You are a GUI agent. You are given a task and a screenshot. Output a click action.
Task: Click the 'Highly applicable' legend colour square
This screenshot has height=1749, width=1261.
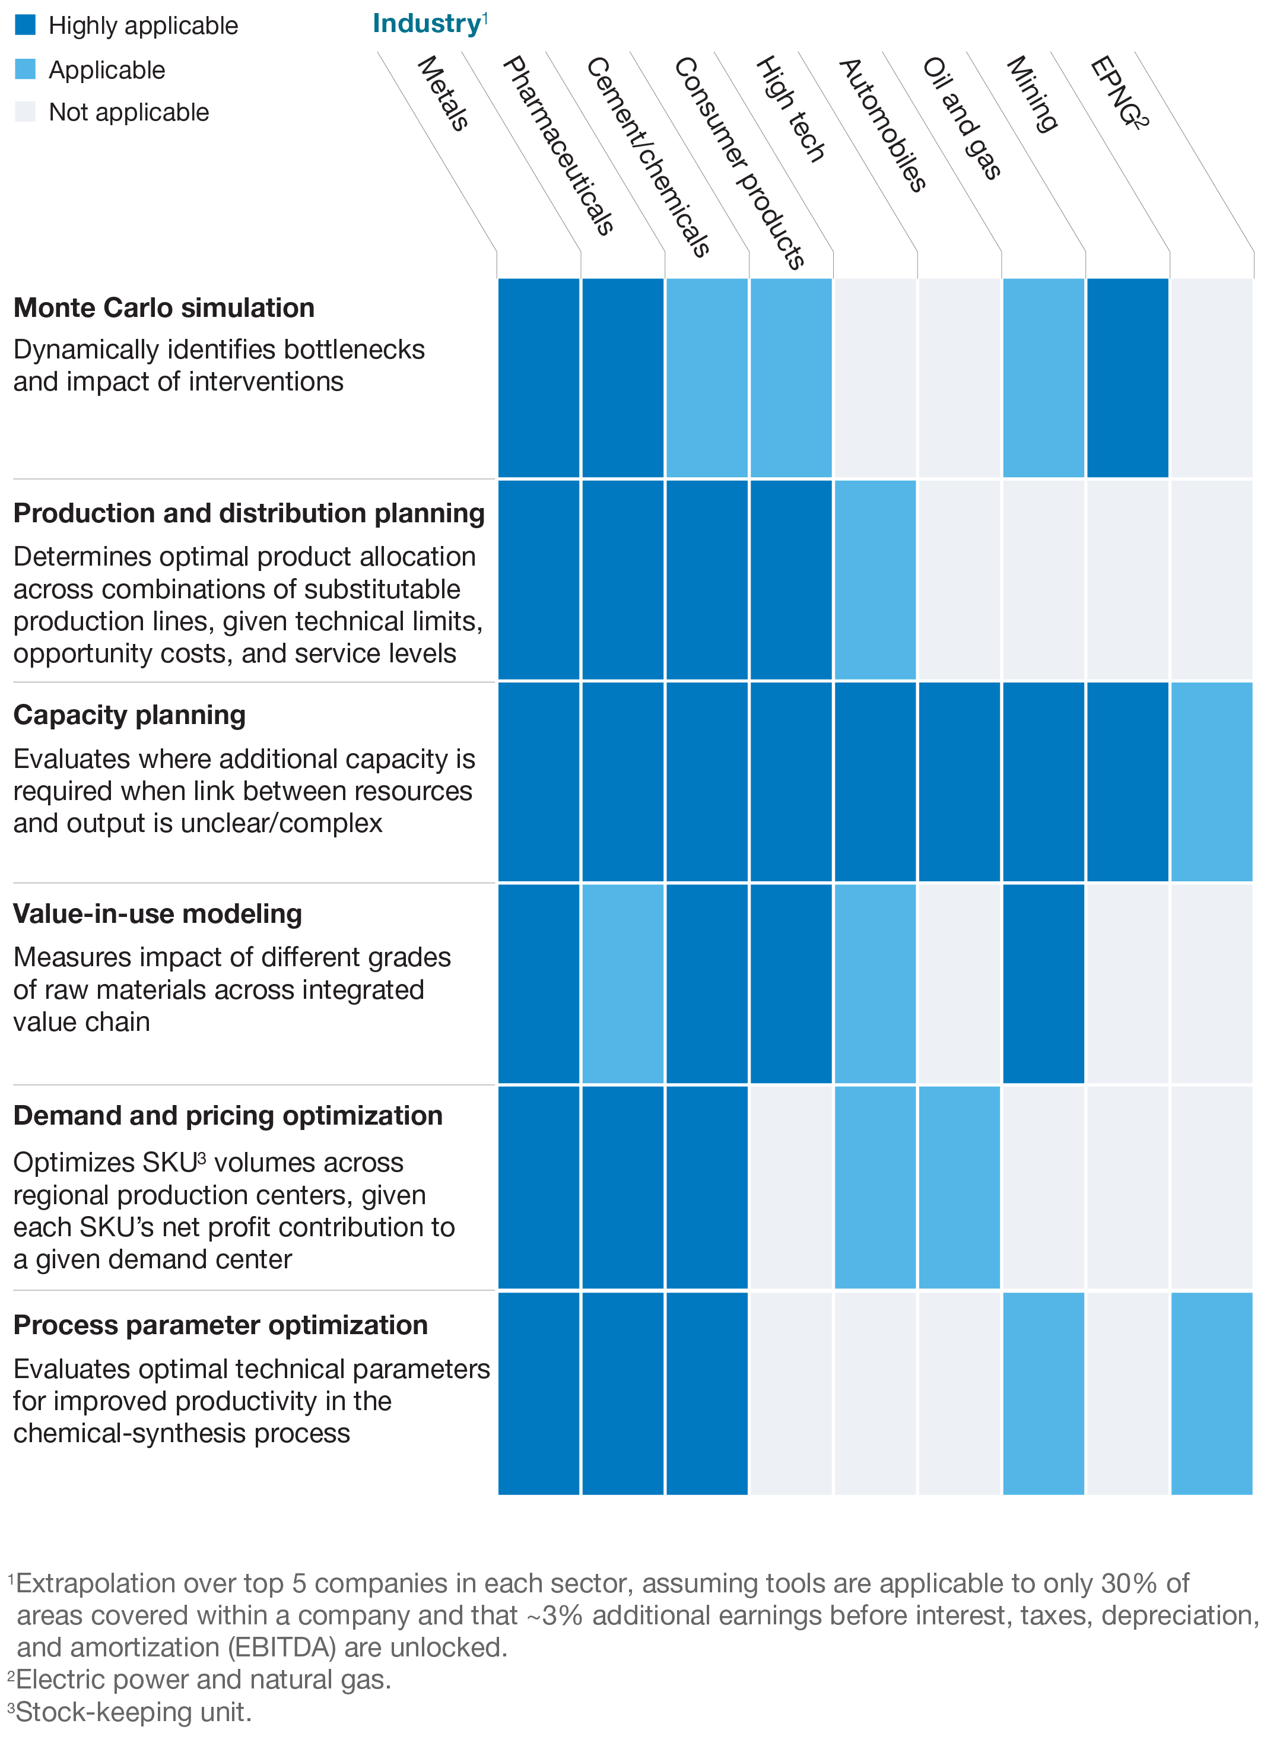(x=25, y=25)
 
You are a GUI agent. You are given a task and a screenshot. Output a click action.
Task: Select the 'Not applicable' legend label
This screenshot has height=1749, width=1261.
(x=128, y=113)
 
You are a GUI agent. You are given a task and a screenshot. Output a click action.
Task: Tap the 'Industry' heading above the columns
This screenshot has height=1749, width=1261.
(x=427, y=23)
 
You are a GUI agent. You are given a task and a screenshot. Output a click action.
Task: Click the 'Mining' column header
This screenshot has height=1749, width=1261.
(x=1032, y=94)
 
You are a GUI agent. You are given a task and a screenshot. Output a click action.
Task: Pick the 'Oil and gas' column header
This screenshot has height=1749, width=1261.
(x=962, y=118)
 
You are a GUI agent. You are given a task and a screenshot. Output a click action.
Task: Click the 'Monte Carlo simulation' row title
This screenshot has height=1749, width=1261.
(x=164, y=307)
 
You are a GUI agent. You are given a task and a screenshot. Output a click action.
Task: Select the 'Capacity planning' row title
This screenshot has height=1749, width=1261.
(x=129, y=715)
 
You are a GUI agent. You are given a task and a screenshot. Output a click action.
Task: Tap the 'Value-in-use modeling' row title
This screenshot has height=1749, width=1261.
(x=157, y=914)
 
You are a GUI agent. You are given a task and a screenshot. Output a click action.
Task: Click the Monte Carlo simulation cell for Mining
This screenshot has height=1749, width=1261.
(x=1127, y=378)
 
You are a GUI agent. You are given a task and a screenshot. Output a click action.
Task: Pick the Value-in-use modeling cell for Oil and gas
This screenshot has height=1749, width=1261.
(x=1043, y=984)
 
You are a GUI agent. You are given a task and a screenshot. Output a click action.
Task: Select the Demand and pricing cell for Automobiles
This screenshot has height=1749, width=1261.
(x=959, y=1187)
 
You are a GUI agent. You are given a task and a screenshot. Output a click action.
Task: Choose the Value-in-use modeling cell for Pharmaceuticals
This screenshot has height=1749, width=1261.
(x=622, y=984)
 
